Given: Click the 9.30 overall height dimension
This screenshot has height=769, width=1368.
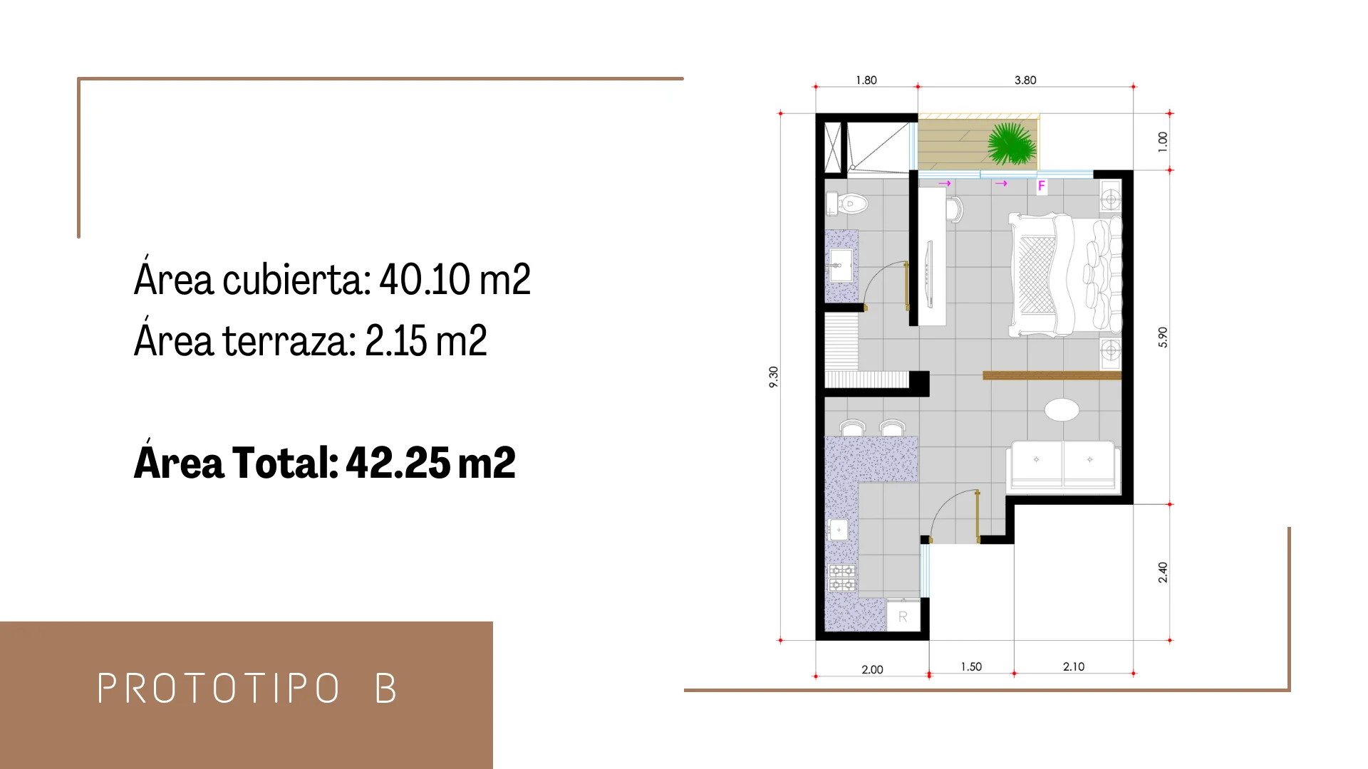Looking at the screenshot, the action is pos(774,377).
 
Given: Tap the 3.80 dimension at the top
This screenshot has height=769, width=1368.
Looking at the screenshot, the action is pos(1025,80).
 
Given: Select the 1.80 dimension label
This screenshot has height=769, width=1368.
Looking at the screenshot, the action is pos(866,80).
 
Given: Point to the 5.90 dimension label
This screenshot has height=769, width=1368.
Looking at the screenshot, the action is pos(1163,337).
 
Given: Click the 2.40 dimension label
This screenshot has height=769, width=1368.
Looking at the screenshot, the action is pos(1163,572).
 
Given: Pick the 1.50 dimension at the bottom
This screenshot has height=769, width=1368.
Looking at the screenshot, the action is pos(971,667).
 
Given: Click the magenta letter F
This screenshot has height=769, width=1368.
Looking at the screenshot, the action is pos(1042,187).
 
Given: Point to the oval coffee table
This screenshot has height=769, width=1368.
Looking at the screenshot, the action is pos(1062,410).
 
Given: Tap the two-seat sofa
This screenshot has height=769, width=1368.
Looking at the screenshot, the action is pos(1063,466).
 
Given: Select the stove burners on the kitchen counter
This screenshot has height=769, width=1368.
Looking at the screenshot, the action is pos(841,577).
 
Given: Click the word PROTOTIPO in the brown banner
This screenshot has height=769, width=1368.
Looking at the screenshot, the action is pos(219,689).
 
